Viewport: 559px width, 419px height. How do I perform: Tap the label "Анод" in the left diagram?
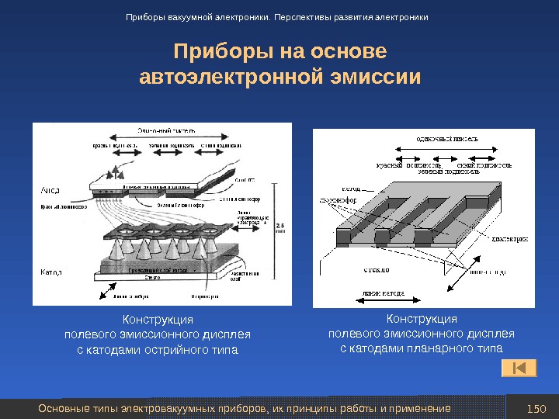click(50, 190)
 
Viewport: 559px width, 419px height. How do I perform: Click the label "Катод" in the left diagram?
click(50, 273)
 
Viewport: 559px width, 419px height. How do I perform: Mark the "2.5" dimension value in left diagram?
click(280, 224)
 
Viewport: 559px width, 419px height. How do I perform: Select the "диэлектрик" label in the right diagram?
click(510, 240)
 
